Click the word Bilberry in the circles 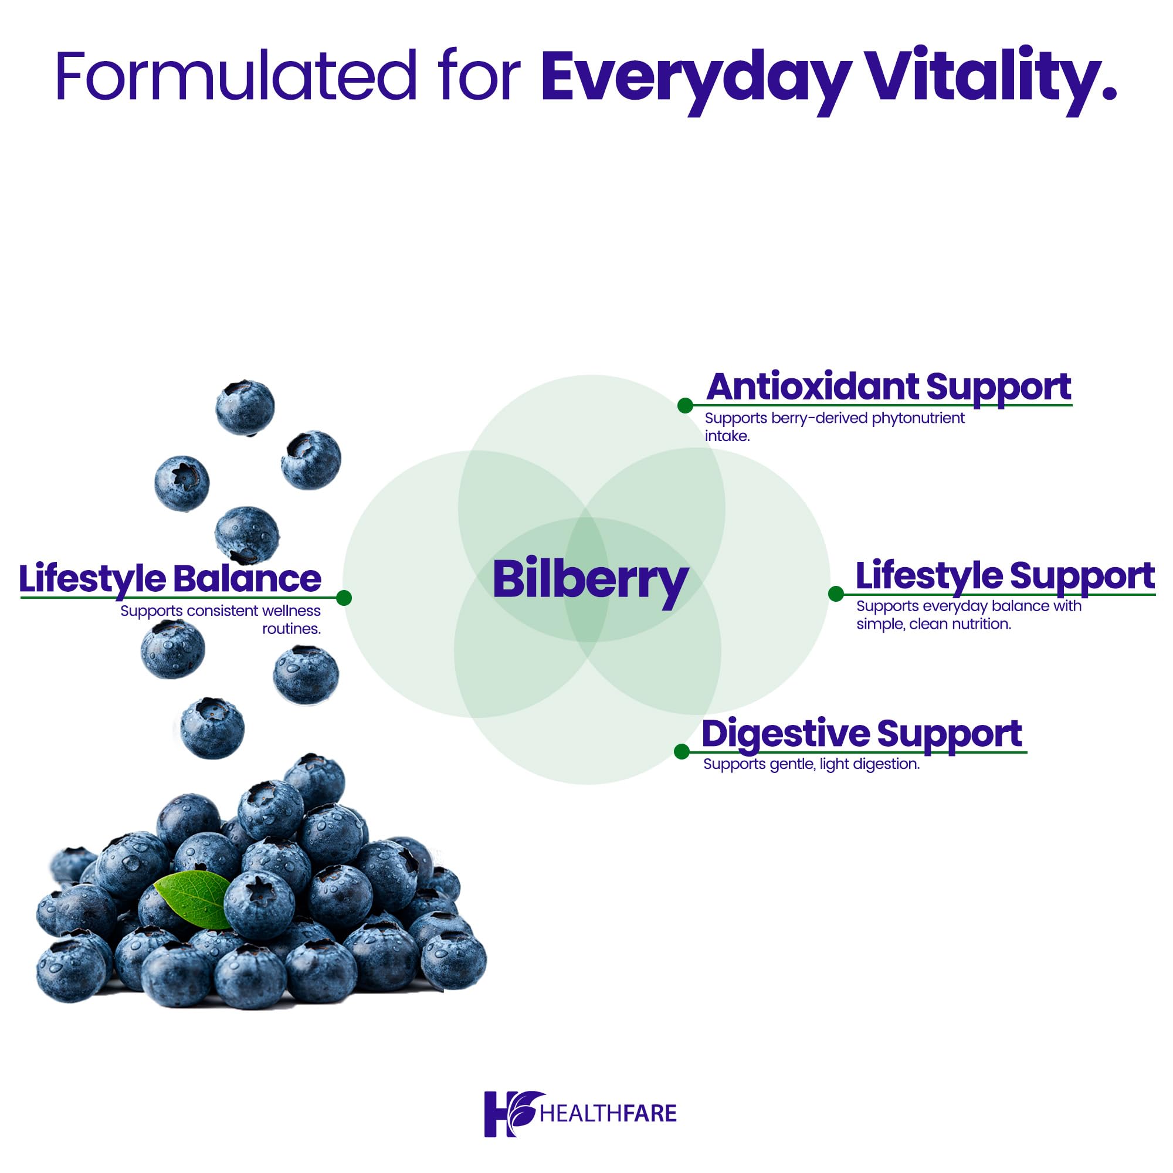pyautogui.click(x=589, y=580)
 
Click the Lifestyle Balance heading pyautogui.click(x=170, y=579)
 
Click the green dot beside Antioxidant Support pyautogui.click(x=685, y=406)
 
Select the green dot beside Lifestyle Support pyautogui.click(x=835, y=594)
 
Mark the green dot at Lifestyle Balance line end pyautogui.click(x=344, y=598)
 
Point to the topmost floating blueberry pyautogui.click(x=245, y=408)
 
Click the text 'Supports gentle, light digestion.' pyautogui.click(x=811, y=764)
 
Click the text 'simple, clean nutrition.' pyautogui.click(x=933, y=624)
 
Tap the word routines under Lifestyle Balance pyautogui.click(x=291, y=629)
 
